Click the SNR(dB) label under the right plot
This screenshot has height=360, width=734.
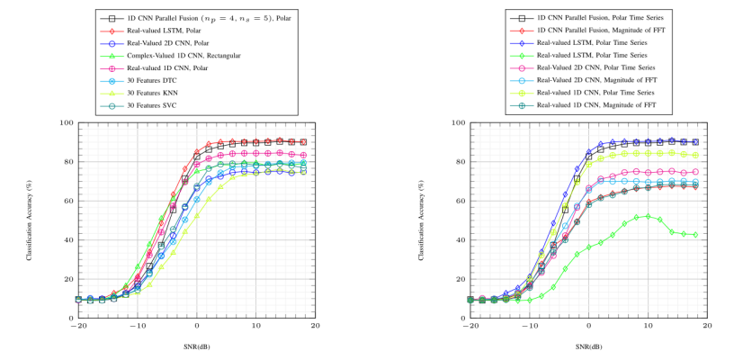(x=588, y=346)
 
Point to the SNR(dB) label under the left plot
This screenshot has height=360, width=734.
(x=196, y=346)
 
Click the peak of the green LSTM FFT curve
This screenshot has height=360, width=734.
(x=648, y=216)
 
